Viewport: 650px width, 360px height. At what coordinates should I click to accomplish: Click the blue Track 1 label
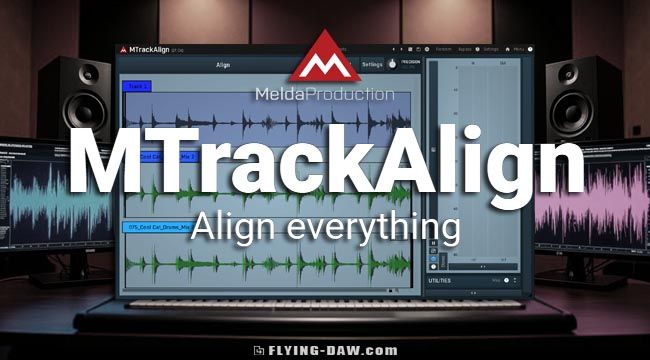(138, 87)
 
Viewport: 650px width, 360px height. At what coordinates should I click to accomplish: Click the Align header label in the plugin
(223, 66)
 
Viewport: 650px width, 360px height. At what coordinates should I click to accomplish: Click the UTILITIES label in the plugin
(441, 280)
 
